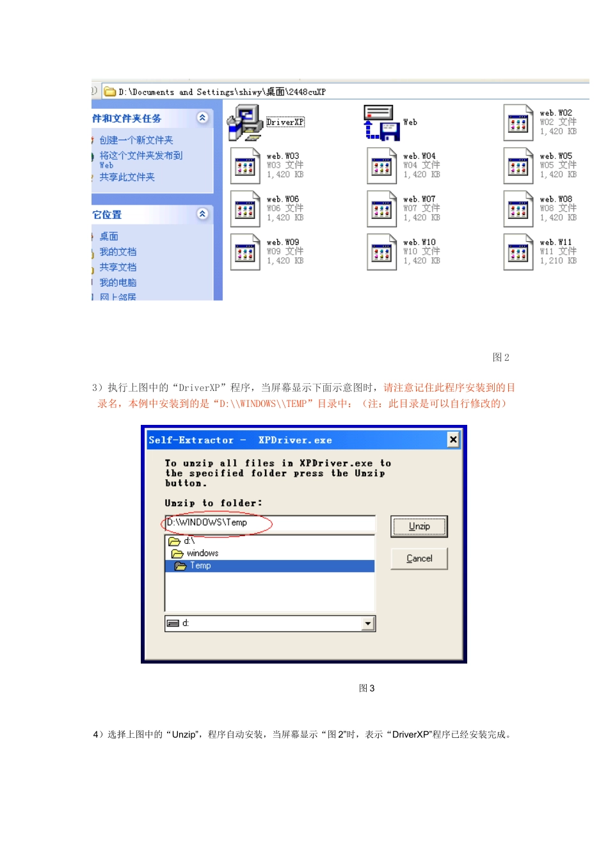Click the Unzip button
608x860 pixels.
click(x=419, y=527)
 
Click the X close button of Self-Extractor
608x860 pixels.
click(x=453, y=440)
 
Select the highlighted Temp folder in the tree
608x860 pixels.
click(x=200, y=566)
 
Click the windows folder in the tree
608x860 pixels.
click(x=202, y=553)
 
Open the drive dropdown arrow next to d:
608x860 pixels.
click(x=367, y=624)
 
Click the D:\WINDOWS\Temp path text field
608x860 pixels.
click(x=269, y=523)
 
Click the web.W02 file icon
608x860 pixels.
click(x=518, y=123)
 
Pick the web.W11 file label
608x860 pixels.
click(x=556, y=243)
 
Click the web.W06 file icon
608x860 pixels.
click(x=245, y=209)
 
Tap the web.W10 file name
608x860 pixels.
click(x=419, y=243)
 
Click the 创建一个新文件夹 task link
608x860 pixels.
click(x=136, y=140)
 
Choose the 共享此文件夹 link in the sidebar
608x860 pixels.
click(x=127, y=177)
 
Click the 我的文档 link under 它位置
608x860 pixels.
click(x=118, y=252)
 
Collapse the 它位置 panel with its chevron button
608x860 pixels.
click(x=202, y=214)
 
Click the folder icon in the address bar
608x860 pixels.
click(x=109, y=92)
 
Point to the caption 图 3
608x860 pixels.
click(x=367, y=689)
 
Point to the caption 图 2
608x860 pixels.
click(x=500, y=358)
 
